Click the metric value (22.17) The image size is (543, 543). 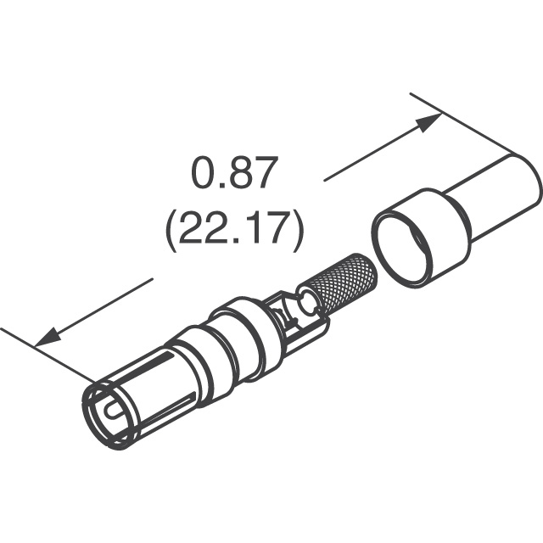click(234, 228)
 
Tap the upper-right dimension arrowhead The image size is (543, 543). click(428, 122)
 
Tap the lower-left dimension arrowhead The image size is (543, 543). click(48, 337)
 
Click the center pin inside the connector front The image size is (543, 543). click(115, 411)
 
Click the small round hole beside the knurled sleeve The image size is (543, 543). click(307, 299)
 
